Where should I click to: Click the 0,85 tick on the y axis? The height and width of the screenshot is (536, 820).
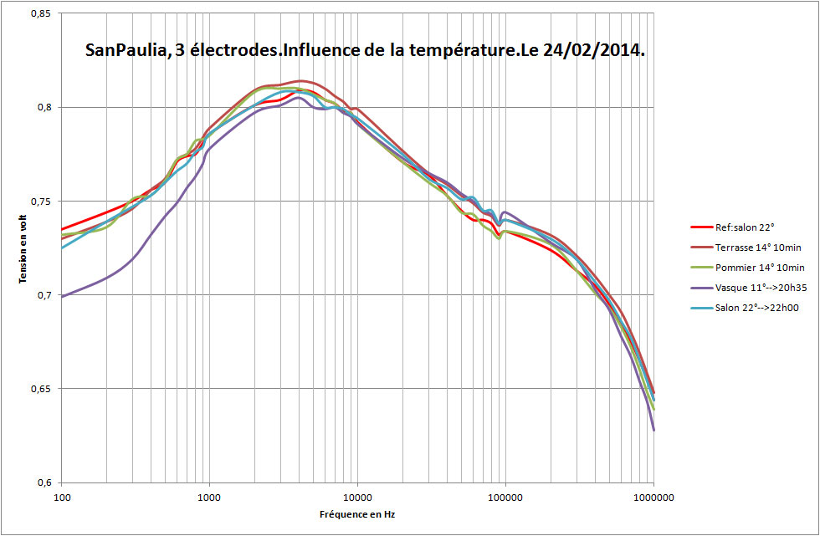click(x=42, y=13)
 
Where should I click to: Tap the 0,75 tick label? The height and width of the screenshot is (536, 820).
click(x=42, y=202)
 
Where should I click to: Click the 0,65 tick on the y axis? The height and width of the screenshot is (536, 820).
click(x=42, y=389)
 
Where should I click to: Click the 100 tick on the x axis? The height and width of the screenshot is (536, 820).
click(x=62, y=496)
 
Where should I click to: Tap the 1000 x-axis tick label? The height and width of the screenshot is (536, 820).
click(x=209, y=496)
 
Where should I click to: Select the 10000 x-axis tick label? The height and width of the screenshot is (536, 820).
click(x=357, y=496)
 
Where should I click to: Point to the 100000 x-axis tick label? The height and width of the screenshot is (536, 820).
click(x=505, y=496)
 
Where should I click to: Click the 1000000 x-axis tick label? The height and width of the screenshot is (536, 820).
click(x=653, y=496)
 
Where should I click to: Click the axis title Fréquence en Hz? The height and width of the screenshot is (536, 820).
click(x=357, y=514)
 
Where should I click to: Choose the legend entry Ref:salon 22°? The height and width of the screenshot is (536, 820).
click(x=745, y=226)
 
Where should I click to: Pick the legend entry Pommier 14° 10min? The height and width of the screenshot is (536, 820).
click(x=760, y=267)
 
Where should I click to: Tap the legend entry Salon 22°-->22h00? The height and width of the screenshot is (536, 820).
click(x=757, y=308)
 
